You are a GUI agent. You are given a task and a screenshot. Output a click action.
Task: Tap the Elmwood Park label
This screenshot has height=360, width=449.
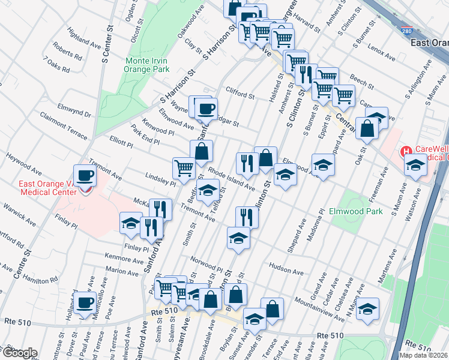pyautogui.click(x=356, y=211)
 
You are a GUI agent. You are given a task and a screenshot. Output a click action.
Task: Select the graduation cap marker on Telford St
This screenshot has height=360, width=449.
pyautogui.click(x=208, y=191)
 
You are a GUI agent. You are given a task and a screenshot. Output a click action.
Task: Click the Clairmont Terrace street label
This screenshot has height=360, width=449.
pyautogui.click(x=64, y=124)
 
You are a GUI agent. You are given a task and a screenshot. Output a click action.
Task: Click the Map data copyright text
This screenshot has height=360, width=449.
pyautogui.click(x=424, y=355)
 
